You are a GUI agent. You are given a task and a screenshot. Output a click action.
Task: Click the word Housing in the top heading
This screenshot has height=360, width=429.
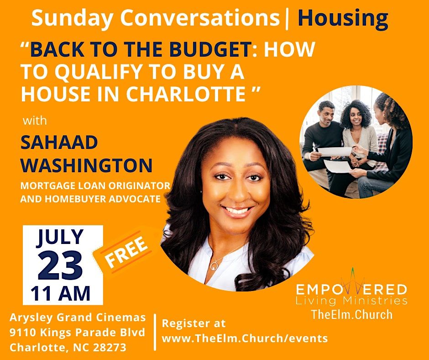click(x=343, y=19)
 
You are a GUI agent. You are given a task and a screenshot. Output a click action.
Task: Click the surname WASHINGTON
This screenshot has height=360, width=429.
click(x=86, y=165)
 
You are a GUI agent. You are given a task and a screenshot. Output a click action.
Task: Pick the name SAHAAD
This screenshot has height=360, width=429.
click(x=59, y=143)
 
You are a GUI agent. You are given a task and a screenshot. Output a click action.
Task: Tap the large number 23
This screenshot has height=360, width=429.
click(x=60, y=265)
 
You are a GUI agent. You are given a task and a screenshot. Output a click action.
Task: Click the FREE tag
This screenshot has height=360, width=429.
click(x=126, y=253)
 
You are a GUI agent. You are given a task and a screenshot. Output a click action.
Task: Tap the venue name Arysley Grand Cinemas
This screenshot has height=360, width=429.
click(x=78, y=317)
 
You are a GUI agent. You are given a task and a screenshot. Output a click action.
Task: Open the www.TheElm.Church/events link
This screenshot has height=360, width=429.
click(x=245, y=339)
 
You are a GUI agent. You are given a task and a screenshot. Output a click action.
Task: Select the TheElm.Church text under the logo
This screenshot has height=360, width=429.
click(x=351, y=314)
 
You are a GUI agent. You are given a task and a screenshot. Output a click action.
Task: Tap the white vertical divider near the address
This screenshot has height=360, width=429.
click(x=154, y=332)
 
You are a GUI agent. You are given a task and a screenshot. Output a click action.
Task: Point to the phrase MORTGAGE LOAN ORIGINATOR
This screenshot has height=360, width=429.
click(x=95, y=186)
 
